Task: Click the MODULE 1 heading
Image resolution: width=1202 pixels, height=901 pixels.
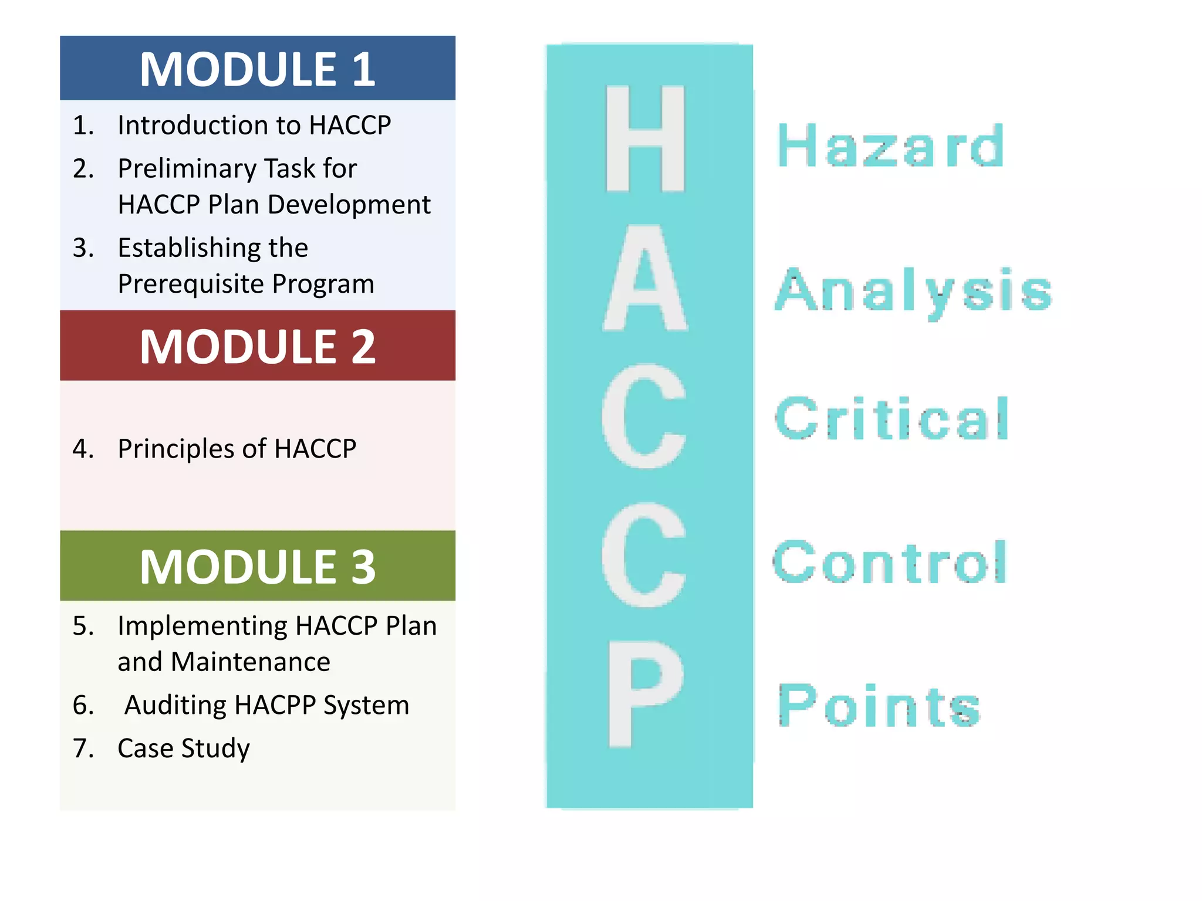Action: click(257, 69)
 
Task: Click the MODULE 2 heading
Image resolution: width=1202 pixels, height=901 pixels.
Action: click(257, 347)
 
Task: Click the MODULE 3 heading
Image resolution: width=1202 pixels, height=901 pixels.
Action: click(257, 567)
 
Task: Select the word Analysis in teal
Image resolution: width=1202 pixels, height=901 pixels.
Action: click(913, 290)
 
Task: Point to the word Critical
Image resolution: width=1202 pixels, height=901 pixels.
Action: click(891, 418)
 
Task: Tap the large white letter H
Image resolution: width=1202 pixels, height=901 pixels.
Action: click(645, 138)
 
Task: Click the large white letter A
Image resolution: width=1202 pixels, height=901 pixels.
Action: click(645, 279)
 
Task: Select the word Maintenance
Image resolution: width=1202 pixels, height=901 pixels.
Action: click(250, 662)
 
